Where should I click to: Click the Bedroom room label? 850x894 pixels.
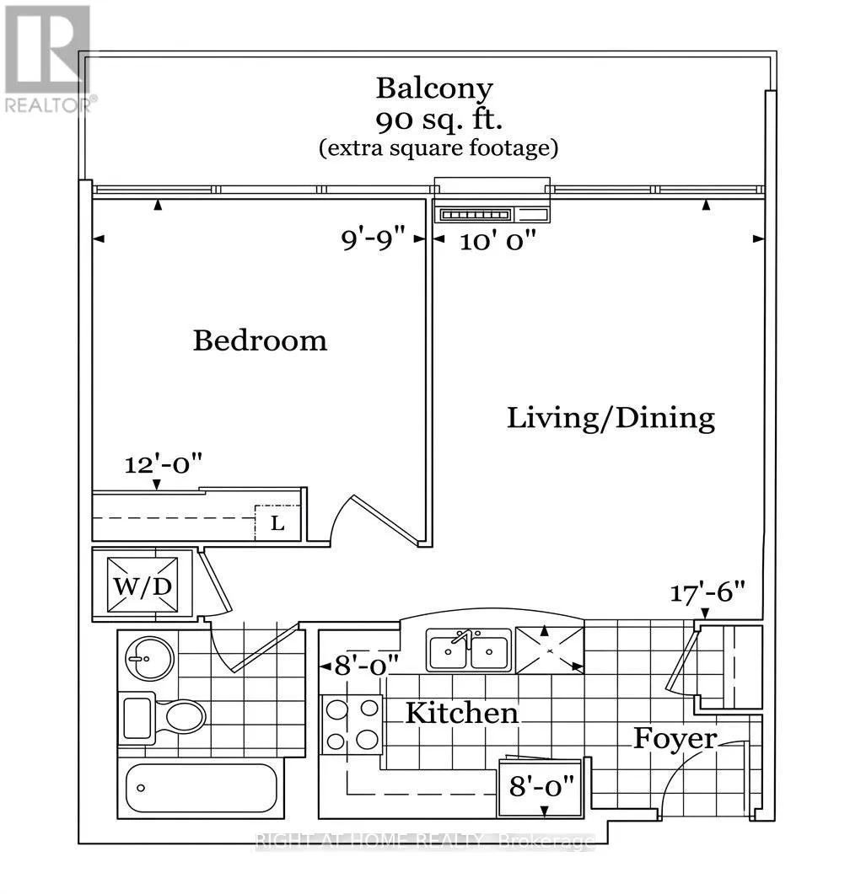[260, 340]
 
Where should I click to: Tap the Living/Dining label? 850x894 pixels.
[611, 418]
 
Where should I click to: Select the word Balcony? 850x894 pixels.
[435, 88]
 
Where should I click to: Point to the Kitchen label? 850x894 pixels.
[462, 713]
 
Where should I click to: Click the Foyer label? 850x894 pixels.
[675, 740]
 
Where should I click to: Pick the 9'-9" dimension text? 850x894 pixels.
[373, 238]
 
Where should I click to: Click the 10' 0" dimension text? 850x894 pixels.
[498, 241]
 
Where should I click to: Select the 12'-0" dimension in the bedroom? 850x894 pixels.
[164, 464]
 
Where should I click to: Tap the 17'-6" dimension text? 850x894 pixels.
[707, 592]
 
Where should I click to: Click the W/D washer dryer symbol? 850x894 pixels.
[143, 586]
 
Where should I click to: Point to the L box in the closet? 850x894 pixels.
[277, 522]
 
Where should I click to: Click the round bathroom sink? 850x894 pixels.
[149, 657]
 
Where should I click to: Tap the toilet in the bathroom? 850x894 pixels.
[162, 718]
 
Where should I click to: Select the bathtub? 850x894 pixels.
[202, 787]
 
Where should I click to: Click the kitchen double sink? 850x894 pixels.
[469, 650]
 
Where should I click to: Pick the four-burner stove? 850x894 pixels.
[352, 724]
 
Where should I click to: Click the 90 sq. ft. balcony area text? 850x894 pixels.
[438, 120]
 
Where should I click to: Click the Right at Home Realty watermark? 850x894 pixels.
[426, 841]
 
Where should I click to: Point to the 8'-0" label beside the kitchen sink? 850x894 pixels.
[366, 665]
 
